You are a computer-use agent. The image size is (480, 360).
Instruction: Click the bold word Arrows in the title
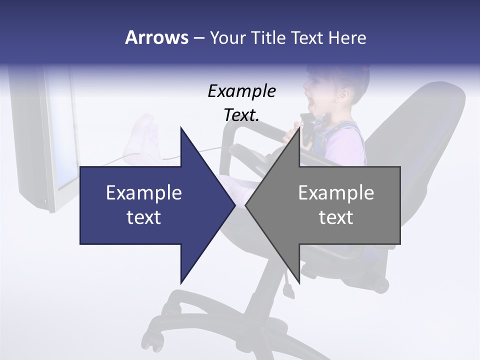pos(156,37)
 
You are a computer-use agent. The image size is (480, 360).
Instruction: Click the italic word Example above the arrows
pos(241,91)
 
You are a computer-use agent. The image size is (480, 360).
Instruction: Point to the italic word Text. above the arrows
pos(241,115)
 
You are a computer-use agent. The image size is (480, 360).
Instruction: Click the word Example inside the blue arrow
pos(143,193)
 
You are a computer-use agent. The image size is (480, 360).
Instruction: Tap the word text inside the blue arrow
pos(143,217)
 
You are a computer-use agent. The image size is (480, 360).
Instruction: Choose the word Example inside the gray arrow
pos(336,193)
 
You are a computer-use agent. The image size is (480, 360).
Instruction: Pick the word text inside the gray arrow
pos(336,217)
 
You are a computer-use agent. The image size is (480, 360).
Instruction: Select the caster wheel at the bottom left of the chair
pos(156,343)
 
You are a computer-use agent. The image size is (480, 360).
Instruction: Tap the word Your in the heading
pos(227,38)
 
